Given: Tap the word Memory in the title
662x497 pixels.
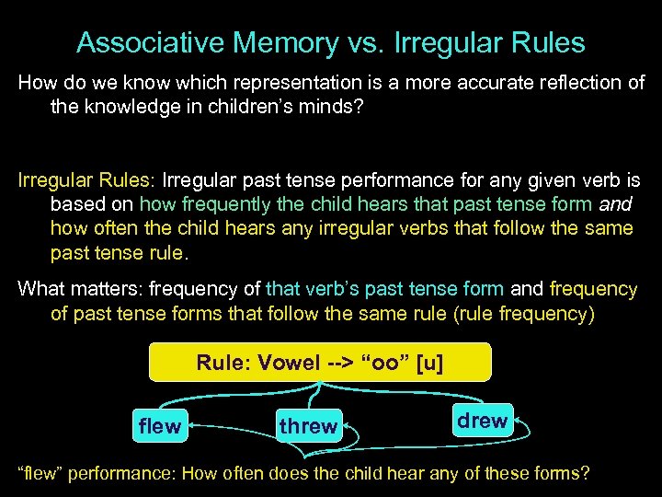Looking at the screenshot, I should click(x=274, y=43).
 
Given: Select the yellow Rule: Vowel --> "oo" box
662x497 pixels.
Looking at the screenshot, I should click(x=319, y=363).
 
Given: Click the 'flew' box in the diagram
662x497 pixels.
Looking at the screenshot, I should click(x=160, y=426).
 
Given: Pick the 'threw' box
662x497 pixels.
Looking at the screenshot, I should click(x=309, y=426).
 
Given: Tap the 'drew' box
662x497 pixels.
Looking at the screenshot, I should click(x=482, y=421).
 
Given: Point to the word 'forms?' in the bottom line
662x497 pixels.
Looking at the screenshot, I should click(x=562, y=474).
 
